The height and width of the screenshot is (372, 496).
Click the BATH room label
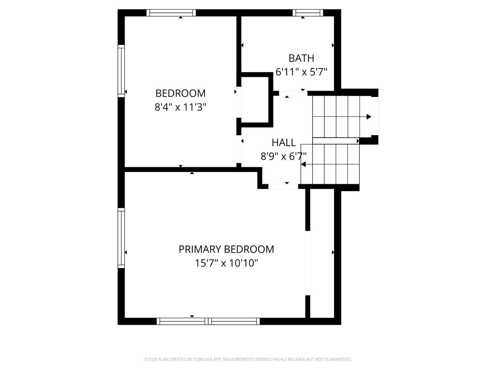[x=301, y=58]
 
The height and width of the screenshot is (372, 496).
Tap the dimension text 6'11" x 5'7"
[x=301, y=72]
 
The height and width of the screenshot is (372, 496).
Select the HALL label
[x=284, y=143]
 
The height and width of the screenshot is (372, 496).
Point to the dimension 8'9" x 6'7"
[x=284, y=156]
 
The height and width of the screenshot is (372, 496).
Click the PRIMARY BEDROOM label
[x=226, y=249]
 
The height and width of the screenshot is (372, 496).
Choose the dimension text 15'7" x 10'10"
[x=226, y=263]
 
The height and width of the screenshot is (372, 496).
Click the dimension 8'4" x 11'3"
[x=180, y=107]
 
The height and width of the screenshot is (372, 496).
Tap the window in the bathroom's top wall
[x=308, y=13]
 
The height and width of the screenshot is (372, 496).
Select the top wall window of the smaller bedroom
[x=171, y=13]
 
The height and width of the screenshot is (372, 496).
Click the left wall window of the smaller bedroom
[x=121, y=71]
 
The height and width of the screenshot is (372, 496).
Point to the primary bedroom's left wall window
[x=121, y=238]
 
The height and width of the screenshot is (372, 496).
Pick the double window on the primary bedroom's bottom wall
[x=208, y=321]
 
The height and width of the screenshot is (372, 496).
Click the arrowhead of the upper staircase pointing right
[x=369, y=117]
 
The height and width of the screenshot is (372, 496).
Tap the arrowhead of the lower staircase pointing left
[x=303, y=164]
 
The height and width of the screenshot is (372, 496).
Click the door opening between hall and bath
[x=293, y=93]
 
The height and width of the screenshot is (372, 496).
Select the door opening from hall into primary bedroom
[x=283, y=186]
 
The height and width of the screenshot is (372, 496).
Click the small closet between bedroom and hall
[x=255, y=100]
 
